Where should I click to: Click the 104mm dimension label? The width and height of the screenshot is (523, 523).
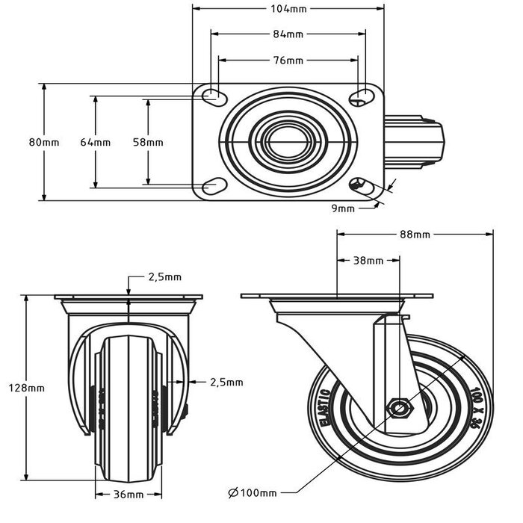tap(288, 10)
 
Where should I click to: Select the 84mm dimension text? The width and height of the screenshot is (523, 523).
tap(288, 34)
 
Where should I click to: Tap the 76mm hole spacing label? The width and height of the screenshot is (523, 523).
tap(288, 60)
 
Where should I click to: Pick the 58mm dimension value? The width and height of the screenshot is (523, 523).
tap(147, 142)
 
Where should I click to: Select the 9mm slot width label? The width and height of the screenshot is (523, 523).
tap(343, 209)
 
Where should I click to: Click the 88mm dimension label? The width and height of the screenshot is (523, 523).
tap(415, 235)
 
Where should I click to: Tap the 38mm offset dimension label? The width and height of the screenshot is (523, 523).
tap(368, 261)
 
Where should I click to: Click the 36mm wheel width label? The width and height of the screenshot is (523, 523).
tap(129, 495)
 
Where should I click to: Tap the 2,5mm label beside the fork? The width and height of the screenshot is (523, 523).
tap(227, 382)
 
